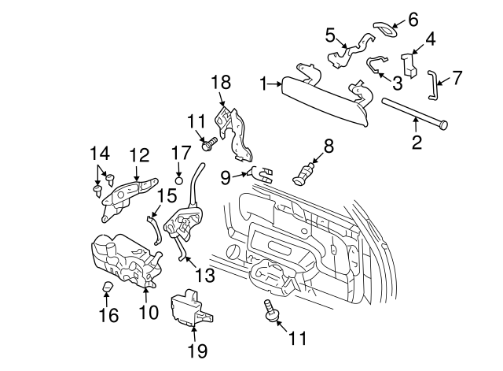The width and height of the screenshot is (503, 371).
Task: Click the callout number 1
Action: tap(265, 81)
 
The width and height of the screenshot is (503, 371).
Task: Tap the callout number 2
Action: tap(417, 143)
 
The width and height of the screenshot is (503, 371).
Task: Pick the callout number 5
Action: tap(331, 34)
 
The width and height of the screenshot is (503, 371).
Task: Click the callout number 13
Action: tap(205, 275)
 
